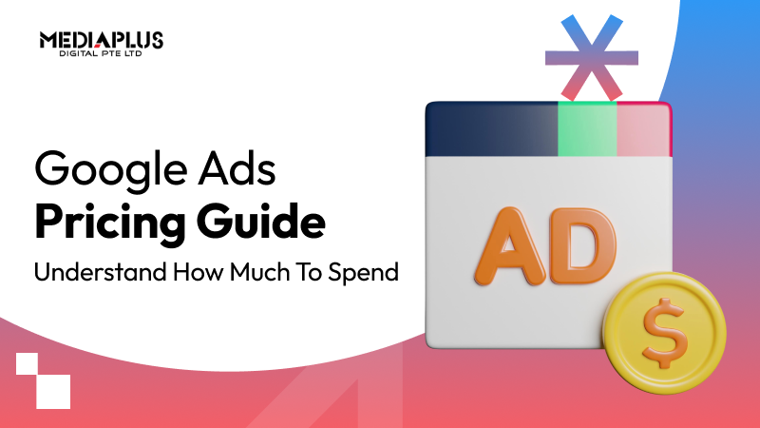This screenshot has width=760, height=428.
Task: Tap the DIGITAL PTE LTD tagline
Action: coord(102,55)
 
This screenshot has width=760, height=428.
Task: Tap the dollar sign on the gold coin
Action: coord(665,329)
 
